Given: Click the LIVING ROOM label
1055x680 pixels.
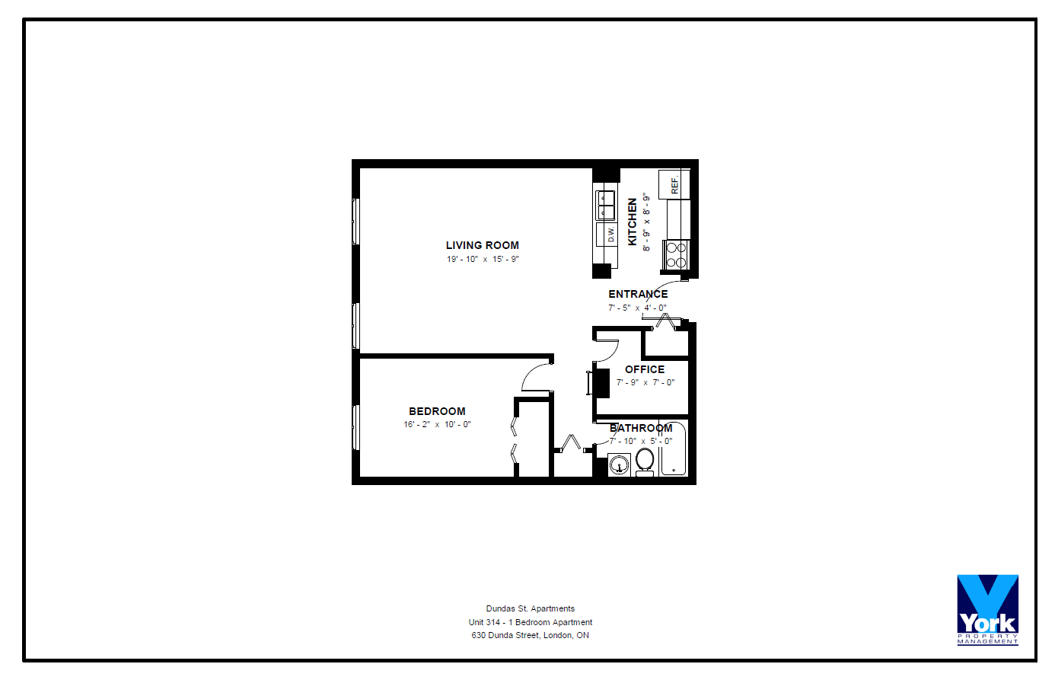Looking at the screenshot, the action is pos(483,245).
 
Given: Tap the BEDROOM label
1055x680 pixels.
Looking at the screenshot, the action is pos(437,411).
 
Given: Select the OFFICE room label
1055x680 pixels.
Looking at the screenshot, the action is pos(645,369).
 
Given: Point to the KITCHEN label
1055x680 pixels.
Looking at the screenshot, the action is pos(632,222).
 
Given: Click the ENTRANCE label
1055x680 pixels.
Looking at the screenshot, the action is pos(638,294).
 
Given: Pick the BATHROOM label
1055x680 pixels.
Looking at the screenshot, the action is pos(641,429).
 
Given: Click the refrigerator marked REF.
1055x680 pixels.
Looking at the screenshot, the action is pos(674,184).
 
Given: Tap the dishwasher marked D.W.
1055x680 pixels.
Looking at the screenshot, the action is pos(607,235).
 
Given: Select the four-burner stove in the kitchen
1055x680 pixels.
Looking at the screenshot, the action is pos(676,255).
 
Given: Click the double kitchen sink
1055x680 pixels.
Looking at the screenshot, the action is pos(606,206).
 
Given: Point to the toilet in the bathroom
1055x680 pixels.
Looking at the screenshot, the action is pos(645,461).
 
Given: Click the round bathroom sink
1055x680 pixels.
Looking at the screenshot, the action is pos(619,465).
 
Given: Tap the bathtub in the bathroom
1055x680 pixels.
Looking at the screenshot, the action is pos(674,449).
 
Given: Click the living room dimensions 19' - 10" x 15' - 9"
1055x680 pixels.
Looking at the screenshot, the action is pos(483,259).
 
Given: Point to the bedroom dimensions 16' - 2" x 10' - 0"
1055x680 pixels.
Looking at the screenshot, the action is pos(437,425).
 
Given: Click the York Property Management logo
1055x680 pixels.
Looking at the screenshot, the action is pos(988,610).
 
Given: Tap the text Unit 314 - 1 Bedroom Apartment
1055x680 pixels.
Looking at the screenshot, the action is pos(531,623).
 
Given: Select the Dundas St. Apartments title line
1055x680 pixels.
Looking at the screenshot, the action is pos(531,609).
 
